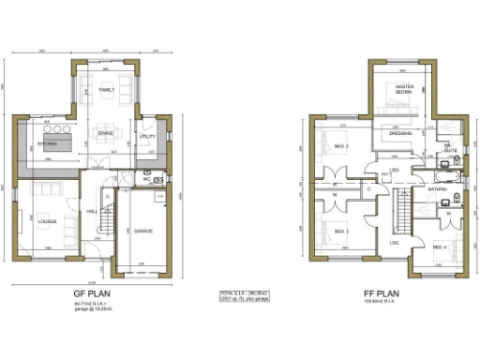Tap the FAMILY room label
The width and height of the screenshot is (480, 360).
point(106,89)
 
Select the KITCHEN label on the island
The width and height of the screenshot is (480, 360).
point(48,143)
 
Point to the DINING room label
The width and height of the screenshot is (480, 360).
point(106,133)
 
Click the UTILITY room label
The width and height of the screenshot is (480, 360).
point(146,137)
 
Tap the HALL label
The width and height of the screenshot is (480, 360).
point(93,212)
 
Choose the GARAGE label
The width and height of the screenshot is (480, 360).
point(143,231)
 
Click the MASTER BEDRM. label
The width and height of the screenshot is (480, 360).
point(405,90)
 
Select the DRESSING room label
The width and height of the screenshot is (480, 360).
point(400,134)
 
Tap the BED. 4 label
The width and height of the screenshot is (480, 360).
point(439,246)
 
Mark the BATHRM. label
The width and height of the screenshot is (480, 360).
point(437,189)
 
